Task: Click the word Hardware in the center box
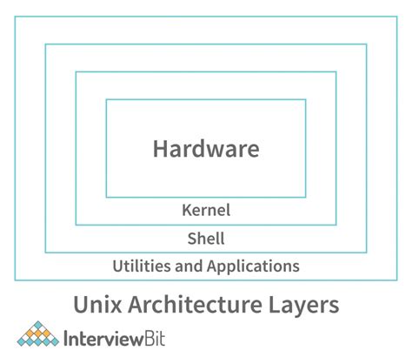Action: pyautogui.click(x=206, y=149)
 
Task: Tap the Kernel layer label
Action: pyautogui.click(x=206, y=210)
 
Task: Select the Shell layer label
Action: pyautogui.click(x=206, y=238)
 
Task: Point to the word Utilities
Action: pyautogui.click(x=142, y=266)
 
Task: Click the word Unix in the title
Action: pyautogui.click(x=93, y=306)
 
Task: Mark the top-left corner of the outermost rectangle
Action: pyautogui.click(x=15, y=16)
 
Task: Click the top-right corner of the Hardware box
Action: pyautogui.click(x=306, y=100)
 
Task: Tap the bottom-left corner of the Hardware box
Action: pyautogui.click(x=106, y=197)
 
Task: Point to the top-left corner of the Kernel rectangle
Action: pyautogui.click(x=76, y=72)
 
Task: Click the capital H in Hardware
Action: pyautogui.click(x=161, y=149)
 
